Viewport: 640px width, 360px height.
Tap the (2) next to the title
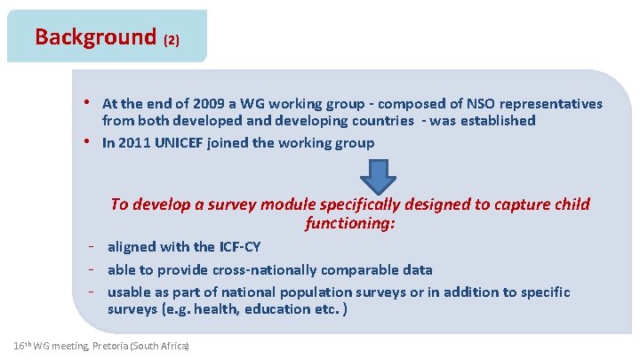[x=172, y=40]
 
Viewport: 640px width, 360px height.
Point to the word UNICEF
[x=180, y=143]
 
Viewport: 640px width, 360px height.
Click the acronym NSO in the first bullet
[x=460, y=104]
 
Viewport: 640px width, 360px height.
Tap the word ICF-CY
[x=233, y=247]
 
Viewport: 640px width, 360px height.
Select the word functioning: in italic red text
[x=349, y=224]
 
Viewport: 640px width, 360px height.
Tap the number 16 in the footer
[x=20, y=345]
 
